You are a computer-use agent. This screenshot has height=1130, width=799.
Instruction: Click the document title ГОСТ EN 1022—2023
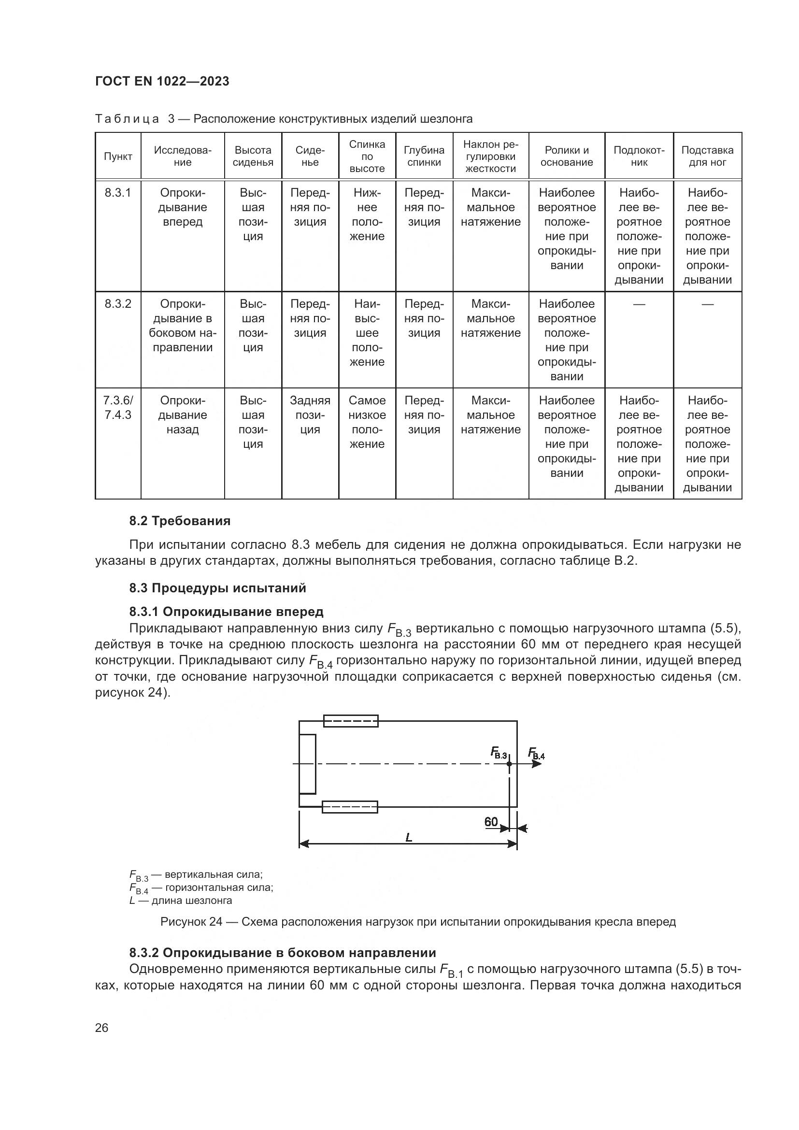point(162,81)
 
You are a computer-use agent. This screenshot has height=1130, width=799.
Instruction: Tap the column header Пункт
point(118,157)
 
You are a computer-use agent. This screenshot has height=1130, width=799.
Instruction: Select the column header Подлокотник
point(639,156)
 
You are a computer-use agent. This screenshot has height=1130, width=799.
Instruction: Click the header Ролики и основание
point(566,156)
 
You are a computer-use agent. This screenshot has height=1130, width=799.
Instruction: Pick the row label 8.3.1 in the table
point(118,193)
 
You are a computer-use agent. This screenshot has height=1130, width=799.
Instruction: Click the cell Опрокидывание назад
point(183,415)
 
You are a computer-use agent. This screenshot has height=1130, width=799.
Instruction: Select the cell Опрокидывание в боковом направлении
point(183,325)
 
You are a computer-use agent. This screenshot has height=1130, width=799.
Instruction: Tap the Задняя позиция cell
point(310,415)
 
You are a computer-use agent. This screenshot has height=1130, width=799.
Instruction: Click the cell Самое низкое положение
point(367,422)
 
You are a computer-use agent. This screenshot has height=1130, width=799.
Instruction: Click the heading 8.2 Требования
point(180,521)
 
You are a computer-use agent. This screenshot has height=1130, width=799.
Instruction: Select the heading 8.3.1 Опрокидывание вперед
point(226,612)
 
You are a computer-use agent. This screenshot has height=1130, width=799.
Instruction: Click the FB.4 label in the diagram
point(536,753)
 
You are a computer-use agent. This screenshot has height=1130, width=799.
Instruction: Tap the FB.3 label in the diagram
point(499,753)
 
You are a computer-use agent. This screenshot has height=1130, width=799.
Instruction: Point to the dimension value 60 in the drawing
point(491,821)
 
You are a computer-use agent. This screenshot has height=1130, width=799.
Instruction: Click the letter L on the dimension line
point(408,837)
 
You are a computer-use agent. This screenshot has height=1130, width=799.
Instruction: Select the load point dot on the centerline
point(509,764)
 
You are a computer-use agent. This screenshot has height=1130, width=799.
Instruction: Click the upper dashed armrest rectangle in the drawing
point(351,721)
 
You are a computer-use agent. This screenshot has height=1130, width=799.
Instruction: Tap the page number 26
point(102,1028)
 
